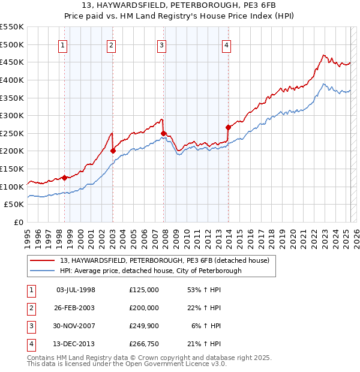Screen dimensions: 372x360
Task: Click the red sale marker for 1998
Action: (x=64, y=178)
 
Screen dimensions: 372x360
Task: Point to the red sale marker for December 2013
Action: (x=228, y=127)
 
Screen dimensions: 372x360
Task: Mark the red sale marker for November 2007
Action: (x=163, y=133)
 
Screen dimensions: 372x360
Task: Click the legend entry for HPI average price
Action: (x=151, y=271)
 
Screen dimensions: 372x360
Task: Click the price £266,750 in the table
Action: (x=143, y=344)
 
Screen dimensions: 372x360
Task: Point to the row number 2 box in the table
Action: (x=31, y=308)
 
